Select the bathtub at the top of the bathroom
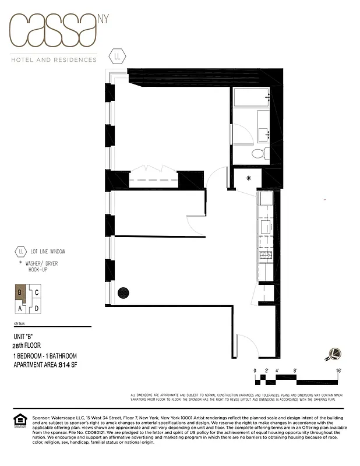tap(251, 97)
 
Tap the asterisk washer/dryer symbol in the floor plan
tap(248, 178)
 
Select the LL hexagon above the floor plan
tap(118, 57)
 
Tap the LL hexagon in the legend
tap(22, 252)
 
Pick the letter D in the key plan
tap(36, 308)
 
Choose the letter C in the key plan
tap(36, 293)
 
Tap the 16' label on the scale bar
tap(338, 370)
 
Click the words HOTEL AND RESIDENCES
tap(54, 59)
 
